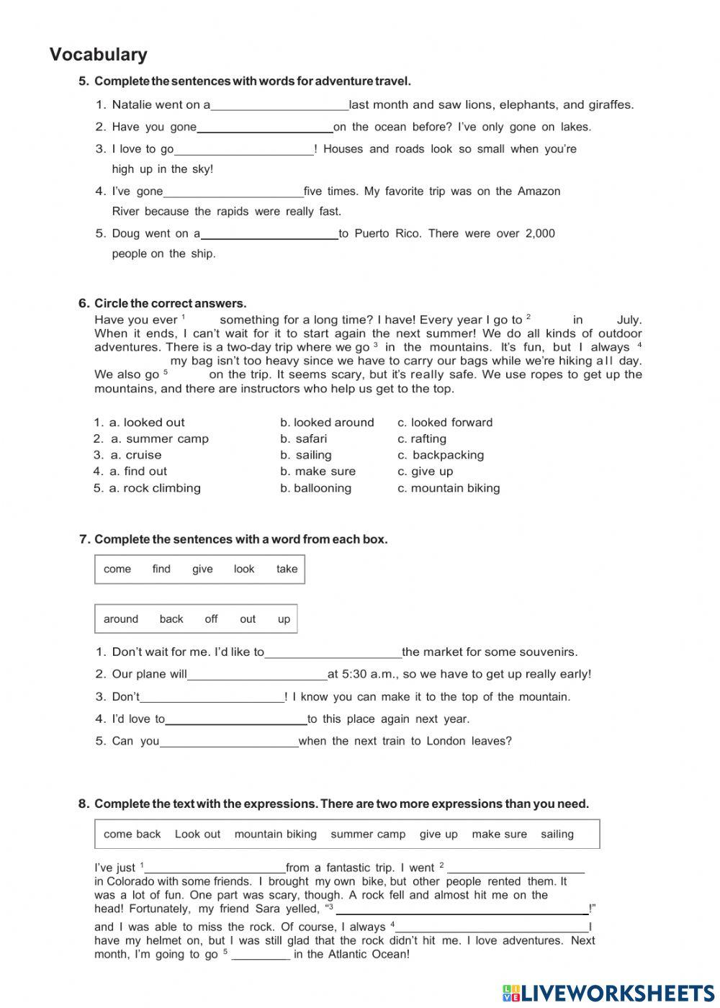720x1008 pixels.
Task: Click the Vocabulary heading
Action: pos(99,55)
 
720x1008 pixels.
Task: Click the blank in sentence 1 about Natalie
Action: pos(279,105)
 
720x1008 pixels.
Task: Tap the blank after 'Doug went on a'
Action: pos(269,234)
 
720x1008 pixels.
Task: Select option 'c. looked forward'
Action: pos(445,423)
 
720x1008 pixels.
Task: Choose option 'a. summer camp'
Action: pos(159,439)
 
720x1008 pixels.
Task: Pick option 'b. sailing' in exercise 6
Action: pos(306,455)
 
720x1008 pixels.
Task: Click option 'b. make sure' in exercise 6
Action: pos(318,472)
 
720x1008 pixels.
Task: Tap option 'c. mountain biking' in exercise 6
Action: pos(449,488)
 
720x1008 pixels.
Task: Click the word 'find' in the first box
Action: pos(161,569)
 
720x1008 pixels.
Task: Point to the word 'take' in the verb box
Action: pos(287,569)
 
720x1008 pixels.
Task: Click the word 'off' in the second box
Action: pos(211,619)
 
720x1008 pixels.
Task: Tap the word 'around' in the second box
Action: pos(121,619)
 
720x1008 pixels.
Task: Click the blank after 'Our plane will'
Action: pos(257,675)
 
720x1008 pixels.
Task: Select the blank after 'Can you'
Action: pos(229,742)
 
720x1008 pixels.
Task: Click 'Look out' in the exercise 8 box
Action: pos(197,834)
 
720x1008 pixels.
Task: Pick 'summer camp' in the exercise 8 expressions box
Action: pos(368,834)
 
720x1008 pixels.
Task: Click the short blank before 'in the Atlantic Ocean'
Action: pos(261,955)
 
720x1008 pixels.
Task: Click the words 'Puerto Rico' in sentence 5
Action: pos(388,234)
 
